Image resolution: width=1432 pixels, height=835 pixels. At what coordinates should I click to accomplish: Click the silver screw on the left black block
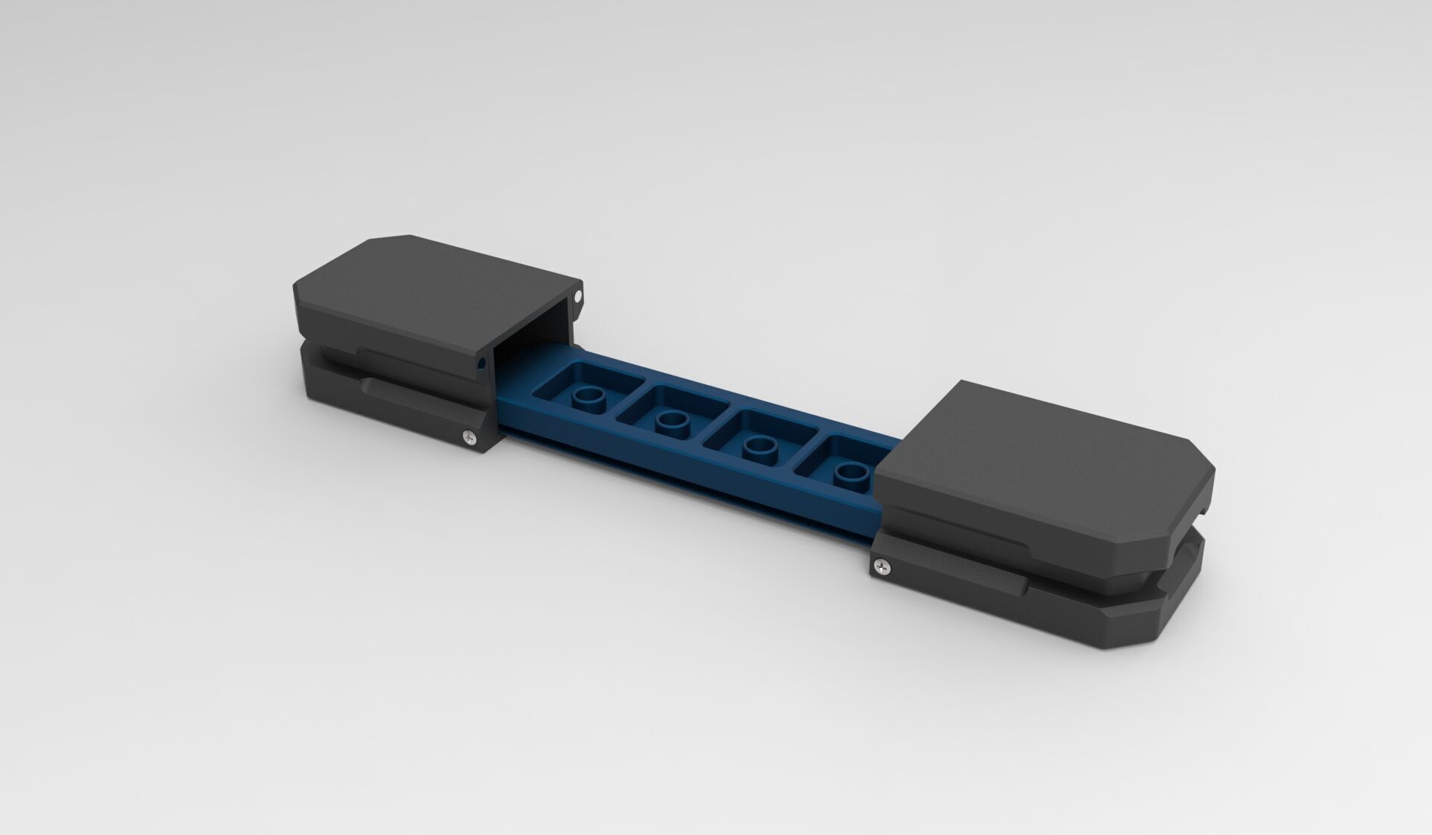(468, 437)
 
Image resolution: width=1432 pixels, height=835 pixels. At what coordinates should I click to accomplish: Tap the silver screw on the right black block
(883, 568)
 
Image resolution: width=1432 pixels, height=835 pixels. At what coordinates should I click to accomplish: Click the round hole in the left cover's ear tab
(578, 297)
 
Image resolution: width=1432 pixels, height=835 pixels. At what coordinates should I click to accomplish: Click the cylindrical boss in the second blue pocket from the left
(673, 422)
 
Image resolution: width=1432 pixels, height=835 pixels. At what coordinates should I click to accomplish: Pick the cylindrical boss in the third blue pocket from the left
(760, 445)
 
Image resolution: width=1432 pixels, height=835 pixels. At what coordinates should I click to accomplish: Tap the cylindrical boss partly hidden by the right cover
(850, 472)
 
